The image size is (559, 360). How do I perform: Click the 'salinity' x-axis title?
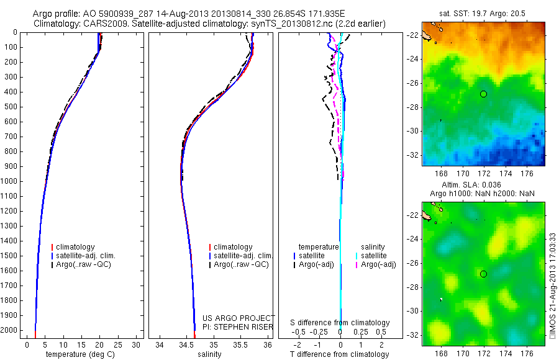[214, 354]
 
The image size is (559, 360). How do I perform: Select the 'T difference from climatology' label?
[340, 354]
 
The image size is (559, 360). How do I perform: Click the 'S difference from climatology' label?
[340, 323]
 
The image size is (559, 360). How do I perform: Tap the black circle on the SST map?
[483, 94]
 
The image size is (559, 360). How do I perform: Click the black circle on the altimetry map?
[483, 274]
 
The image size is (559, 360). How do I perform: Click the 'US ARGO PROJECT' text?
[239, 318]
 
